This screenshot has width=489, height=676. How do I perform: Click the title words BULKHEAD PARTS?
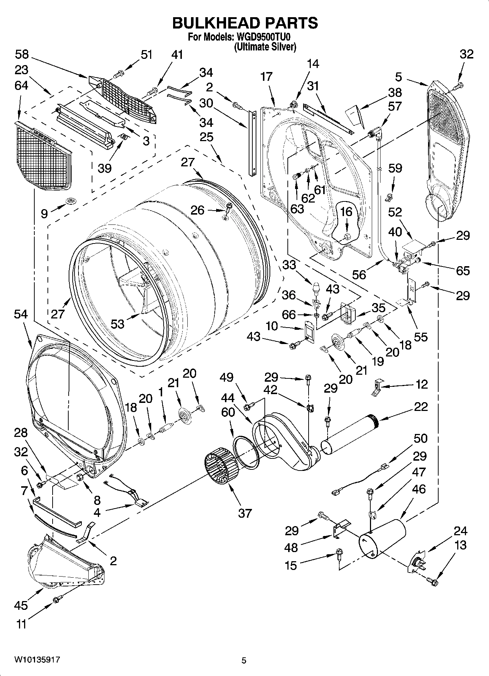(245, 23)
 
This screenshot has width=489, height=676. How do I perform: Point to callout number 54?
(21, 314)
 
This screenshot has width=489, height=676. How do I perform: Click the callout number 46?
(419, 489)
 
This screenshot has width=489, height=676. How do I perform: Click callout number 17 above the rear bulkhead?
(267, 76)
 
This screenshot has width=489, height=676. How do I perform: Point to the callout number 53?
(118, 323)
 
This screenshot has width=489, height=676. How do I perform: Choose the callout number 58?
(22, 54)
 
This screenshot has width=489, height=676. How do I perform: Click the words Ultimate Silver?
(265, 47)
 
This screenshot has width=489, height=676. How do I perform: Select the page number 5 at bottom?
(244, 660)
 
